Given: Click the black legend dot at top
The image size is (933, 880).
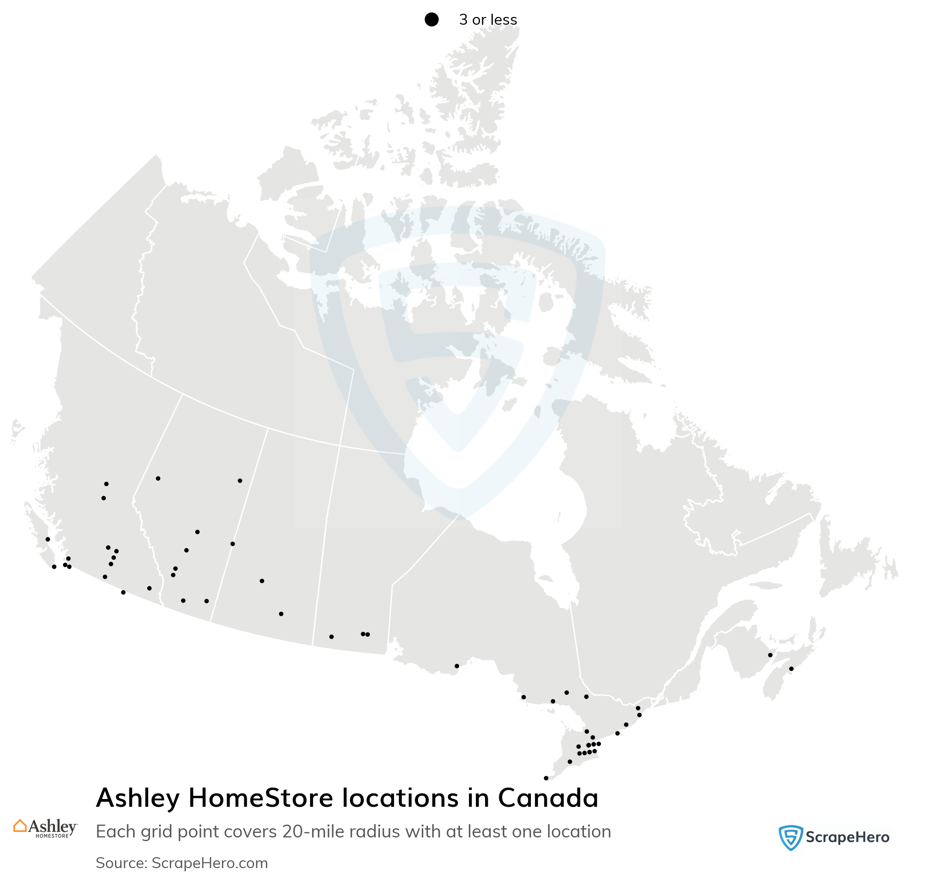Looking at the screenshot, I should (x=431, y=20).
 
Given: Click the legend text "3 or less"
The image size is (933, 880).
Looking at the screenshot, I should (x=488, y=20).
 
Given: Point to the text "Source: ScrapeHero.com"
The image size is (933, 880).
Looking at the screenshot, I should (x=182, y=863).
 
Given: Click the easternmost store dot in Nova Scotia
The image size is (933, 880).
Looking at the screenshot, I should (x=791, y=669).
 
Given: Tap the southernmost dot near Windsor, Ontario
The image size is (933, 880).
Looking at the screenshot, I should (x=546, y=778).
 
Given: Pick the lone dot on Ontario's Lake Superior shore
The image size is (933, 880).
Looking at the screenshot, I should (x=457, y=666).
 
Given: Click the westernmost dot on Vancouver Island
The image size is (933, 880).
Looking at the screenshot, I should (x=48, y=539).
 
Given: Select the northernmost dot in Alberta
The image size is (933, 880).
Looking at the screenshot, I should (x=158, y=478).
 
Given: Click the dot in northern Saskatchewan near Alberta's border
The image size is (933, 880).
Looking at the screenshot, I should (x=240, y=480).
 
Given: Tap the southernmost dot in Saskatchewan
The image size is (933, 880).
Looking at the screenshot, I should (x=281, y=614).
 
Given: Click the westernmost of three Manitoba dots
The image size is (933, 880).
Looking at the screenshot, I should (x=331, y=637).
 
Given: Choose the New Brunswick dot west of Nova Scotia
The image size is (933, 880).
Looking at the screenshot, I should (x=770, y=655).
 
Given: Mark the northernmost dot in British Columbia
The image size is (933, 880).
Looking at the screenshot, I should (x=107, y=484).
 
